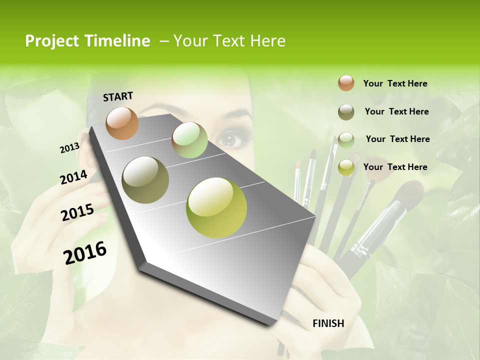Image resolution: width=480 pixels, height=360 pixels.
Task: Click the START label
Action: coord(118,96)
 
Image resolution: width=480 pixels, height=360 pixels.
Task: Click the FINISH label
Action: coord(328,323)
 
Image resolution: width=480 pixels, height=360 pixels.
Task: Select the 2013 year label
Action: coord(69,147)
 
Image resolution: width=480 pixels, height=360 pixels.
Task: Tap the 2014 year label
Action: coord(73,177)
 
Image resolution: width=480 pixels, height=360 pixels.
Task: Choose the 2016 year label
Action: coord(85,252)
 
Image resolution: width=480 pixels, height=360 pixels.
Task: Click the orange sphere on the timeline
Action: coord(122,123)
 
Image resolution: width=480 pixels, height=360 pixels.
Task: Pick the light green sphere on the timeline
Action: coord(189,140)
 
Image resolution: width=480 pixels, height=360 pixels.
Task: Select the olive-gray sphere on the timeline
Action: coord(145,179)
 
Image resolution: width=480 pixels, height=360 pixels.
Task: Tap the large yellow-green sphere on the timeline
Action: coord(216,207)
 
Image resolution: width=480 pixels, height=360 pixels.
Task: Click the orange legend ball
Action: coord(346,83)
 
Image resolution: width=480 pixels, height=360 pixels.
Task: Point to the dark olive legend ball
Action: coord(346,112)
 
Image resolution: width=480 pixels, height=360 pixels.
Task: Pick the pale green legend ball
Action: coord(346,139)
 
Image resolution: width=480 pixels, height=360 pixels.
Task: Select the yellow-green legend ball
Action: coord(346,167)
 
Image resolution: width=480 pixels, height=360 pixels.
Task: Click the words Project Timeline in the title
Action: coord(87,41)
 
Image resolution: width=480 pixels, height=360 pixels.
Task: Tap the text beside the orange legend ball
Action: coord(395,83)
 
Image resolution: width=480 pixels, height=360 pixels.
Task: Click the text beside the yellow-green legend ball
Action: coord(395,167)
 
